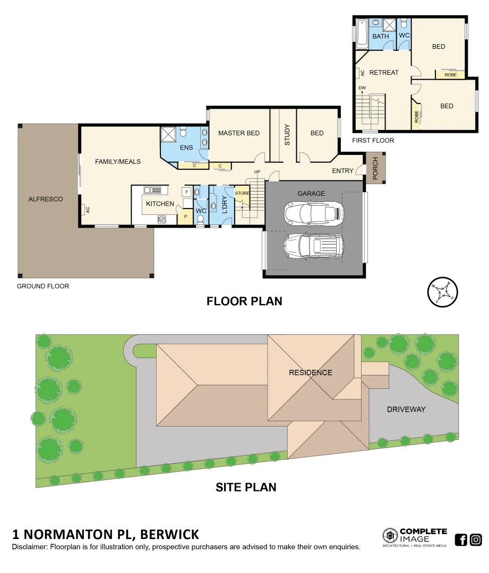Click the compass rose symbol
pyautogui.click(x=443, y=292)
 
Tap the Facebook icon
pyautogui.click(x=461, y=540)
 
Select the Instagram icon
pyautogui.click(x=476, y=540)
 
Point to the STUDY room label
pyautogui.click(x=287, y=134)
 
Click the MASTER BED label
pyautogui.click(x=239, y=133)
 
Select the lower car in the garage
pyautogui.click(x=313, y=246)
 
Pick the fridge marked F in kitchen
pyautogui.click(x=187, y=192)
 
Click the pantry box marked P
pyautogui.click(x=186, y=216)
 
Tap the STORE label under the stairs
pyautogui.click(x=242, y=193)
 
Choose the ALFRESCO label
pyautogui.click(x=46, y=199)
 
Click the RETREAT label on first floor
pyautogui.click(x=384, y=73)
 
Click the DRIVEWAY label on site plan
pyautogui.click(x=406, y=410)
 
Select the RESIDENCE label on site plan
pyautogui.click(x=311, y=372)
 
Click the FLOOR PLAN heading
pyautogui.click(x=244, y=301)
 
